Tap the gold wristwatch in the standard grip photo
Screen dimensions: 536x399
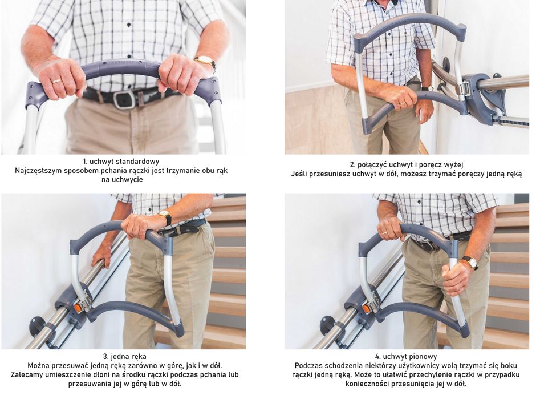[206, 61]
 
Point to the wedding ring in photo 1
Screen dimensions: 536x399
[57, 81]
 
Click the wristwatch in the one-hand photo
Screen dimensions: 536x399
[166, 217]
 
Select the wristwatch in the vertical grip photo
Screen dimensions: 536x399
[472, 263]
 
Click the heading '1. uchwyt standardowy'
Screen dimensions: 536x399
[121, 161]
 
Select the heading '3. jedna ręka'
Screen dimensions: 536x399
[124, 356]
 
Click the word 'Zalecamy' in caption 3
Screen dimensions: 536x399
[27, 374]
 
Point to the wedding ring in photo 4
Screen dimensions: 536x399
[385, 232]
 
